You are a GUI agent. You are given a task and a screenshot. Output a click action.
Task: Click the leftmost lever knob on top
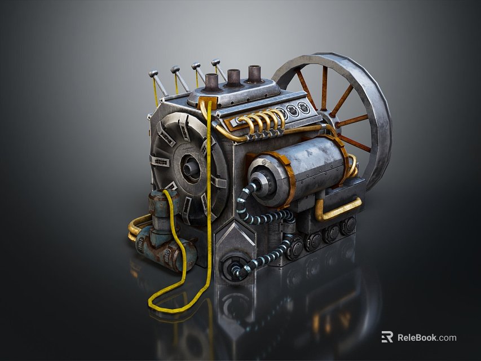tap(152, 73)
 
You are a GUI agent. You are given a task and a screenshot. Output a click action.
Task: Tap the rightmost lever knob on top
tap(215, 62)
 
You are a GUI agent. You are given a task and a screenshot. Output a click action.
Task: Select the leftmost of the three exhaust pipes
tap(211, 82)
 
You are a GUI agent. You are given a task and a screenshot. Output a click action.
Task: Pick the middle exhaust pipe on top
tap(233, 77)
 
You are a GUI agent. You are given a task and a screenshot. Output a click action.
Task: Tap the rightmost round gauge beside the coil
tap(305, 108)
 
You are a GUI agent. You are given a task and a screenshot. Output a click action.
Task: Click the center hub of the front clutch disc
tap(190, 166)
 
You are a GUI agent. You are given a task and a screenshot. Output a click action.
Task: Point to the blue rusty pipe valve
tap(161, 237)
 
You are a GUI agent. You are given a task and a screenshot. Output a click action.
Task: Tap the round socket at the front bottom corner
tap(232, 268)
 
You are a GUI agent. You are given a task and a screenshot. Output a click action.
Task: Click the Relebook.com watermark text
tap(427, 338)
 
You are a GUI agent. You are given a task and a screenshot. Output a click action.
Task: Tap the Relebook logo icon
tap(387, 337)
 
